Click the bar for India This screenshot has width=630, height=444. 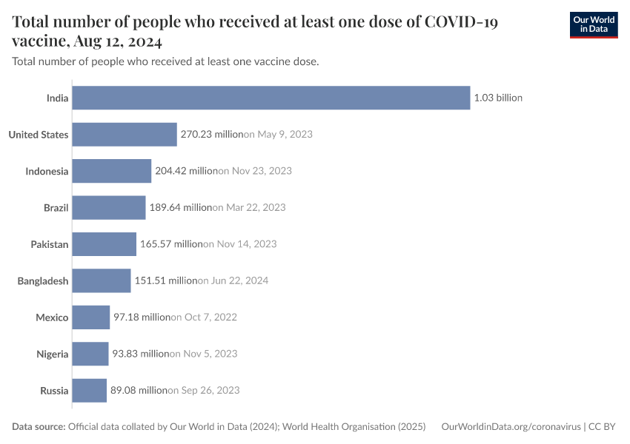tap(271, 98)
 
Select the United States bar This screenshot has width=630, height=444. tap(125, 134)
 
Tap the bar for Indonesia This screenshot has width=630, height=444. tap(112, 171)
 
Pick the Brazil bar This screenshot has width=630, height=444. tap(109, 207)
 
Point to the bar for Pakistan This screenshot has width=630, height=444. tap(105, 244)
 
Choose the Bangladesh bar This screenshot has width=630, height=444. tap(102, 280)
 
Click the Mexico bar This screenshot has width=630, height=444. tap(91, 317)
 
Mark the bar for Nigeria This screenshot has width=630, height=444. tap(90, 354)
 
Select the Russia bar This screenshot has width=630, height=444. tap(90, 391)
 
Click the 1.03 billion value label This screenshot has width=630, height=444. tap(498, 98)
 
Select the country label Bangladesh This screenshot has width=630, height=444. tap(43, 280)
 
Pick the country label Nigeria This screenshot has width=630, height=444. tap(53, 354)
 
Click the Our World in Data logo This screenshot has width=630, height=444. tap(593, 24)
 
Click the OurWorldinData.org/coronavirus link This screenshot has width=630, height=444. tap(511, 427)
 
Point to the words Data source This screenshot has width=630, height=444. tap(39, 427)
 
